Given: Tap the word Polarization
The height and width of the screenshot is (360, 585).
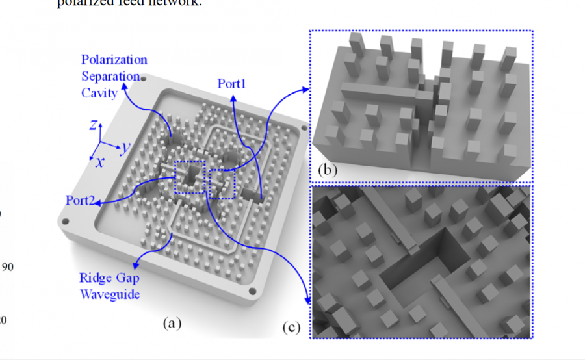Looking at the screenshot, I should point(114,60).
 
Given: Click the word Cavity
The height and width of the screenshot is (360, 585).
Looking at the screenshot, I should point(99,92).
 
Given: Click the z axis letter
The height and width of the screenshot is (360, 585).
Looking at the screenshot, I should point(93,124).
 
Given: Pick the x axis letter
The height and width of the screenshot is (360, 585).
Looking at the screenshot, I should point(99,162).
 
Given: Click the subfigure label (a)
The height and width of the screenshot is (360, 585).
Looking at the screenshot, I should point(171,322).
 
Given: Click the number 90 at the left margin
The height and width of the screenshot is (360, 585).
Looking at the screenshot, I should point(8,266).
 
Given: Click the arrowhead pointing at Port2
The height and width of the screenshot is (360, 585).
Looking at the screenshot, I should point(97,203).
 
